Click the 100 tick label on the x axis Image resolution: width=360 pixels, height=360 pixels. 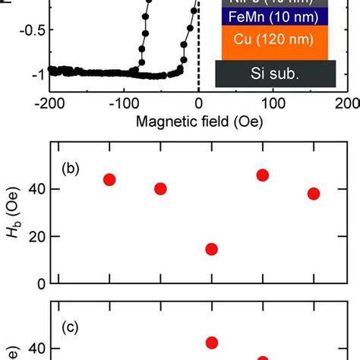point(273,103)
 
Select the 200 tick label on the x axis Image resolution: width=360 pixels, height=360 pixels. point(346,103)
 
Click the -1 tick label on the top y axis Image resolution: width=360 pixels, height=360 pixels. point(34,74)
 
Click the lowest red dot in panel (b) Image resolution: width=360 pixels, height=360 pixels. point(212,249)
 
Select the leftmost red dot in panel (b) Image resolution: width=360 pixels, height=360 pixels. point(109,180)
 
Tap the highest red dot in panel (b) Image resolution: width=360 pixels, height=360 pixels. point(263,175)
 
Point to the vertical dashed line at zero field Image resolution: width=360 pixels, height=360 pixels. point(198,46)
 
